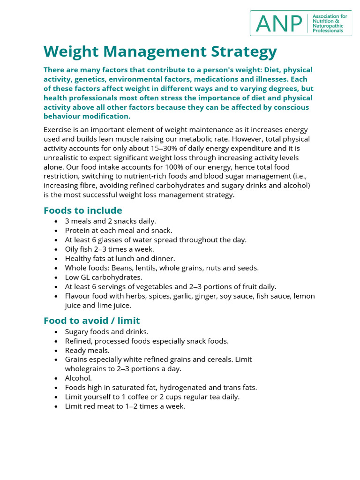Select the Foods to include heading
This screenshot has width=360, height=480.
pyautogui.click(x=83, y=210)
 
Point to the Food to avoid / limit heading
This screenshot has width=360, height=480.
pyautogui.click(x=92, y=321)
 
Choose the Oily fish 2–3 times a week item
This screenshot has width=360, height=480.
pyautogui.click(x=110, y=249)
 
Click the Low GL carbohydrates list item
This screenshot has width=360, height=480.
pyautogui.click(x=104, y=277)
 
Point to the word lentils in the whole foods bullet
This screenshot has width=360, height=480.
pyautogui.click(x=155, y=268)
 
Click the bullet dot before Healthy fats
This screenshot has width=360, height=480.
pyautogui.click(x=56, y=259)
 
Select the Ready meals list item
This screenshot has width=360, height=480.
pyautogui.click(x=87, y=350)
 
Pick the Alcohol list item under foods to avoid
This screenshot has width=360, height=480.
pyautogui.click(x=79, y=378)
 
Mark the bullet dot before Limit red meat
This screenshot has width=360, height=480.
pyautogui.click(x=56, y=406)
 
